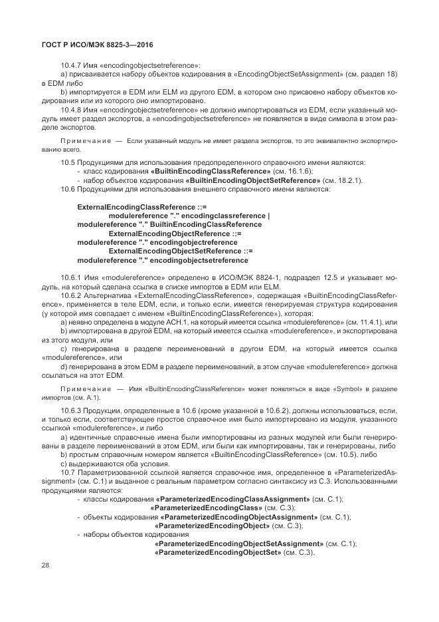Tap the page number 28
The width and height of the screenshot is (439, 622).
tap(45, 565)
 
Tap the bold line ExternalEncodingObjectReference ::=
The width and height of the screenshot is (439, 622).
tap(175, 233)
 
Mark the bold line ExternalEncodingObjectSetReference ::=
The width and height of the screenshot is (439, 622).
tap(180, 251)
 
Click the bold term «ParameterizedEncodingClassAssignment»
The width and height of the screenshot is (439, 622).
tap(232, 499)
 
